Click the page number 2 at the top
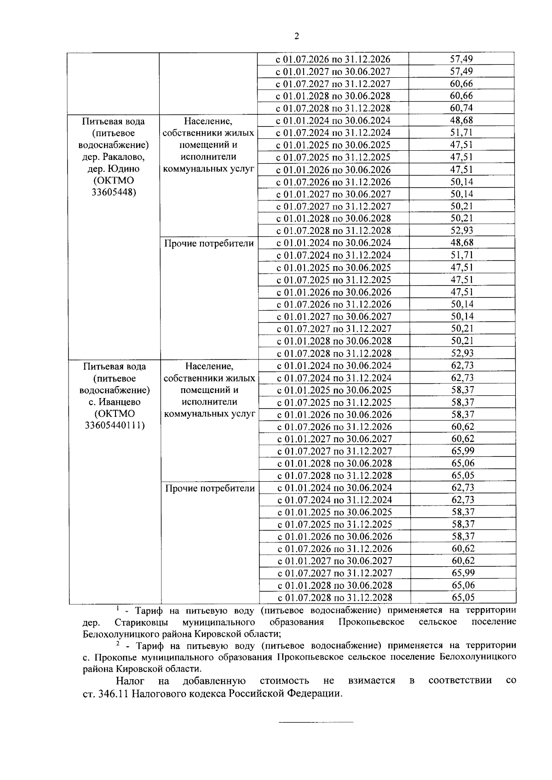pos(296,36)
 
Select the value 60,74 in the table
pos(461,108)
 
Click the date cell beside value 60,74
pos(333,108)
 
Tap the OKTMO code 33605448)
pos(113,193)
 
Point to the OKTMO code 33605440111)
pos(115,426)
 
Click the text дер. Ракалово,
pos(113,157)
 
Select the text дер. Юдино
pos(113,169)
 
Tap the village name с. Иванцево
pos(115,402)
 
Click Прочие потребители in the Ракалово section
pos(209,243)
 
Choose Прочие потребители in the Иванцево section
pos(210,488)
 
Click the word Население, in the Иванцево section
pos(209,366)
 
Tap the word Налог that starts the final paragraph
pos(130,681)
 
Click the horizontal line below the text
pos(316,723)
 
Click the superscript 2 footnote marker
pos(118,643)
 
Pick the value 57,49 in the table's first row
pos(461,59)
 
